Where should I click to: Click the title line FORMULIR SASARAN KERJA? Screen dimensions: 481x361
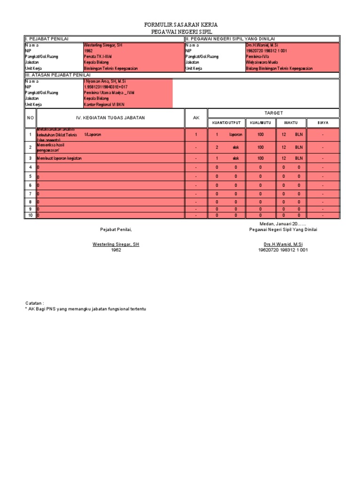(x=181, y=24)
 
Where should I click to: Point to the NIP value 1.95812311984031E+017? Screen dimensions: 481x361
(x=110, y=87)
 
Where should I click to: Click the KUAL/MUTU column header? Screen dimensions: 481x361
(x=260, y=123)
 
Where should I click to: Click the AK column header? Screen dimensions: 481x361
(x=196, y=117)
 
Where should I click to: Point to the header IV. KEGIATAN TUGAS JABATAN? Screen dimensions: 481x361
(x=111, y=117)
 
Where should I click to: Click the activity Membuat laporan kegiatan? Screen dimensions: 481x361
(x=59, y=159)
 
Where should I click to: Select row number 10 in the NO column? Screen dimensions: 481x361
(x=30, y=215)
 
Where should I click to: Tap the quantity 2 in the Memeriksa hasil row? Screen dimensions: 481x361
(x=217, y=147)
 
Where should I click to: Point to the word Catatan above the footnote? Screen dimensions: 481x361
(x=34, y=304)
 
